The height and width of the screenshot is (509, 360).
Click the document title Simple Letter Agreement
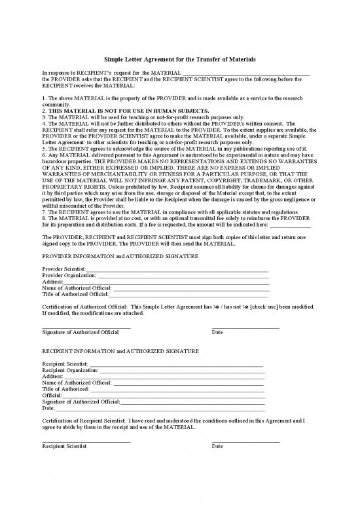coord(180,60)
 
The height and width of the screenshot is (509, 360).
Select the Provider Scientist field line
coord(177,269)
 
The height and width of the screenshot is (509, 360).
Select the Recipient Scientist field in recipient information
coord(177,364)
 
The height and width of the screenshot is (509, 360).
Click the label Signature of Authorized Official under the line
coord(80,333)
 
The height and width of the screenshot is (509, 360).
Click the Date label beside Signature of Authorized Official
coord(217,333)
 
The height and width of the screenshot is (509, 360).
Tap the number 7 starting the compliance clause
coord(43,212)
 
